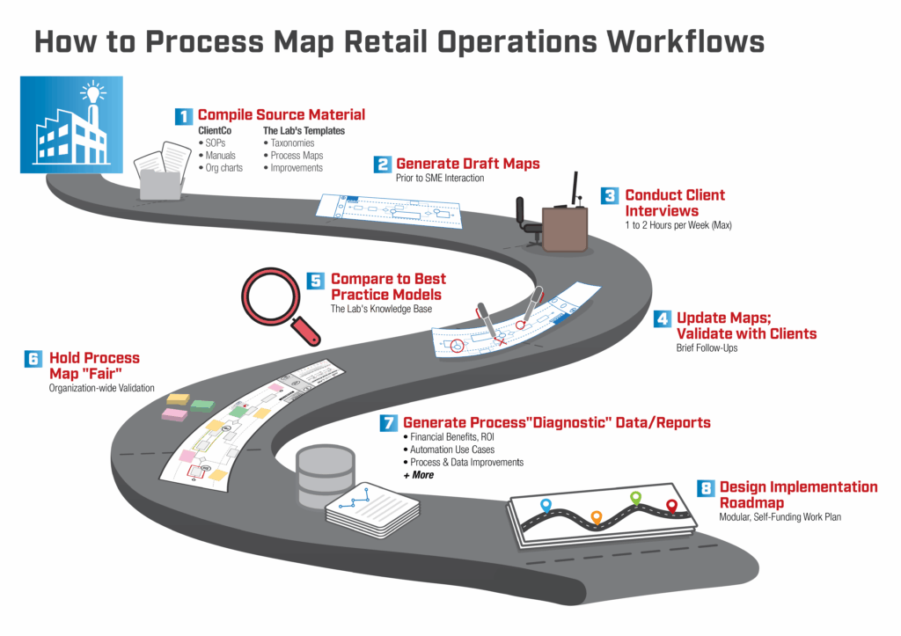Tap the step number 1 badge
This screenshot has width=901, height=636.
pos(184,116)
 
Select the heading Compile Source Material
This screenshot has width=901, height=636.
pos(281,115)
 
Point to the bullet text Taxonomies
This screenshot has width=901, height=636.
pos(296,143)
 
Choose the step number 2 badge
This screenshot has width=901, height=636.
pos(383,164)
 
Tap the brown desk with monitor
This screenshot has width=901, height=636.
pos(565,224)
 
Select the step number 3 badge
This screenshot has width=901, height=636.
pos(610,196)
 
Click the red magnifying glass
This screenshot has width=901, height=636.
pos(280,303)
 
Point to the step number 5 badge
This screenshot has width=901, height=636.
pos(316,281)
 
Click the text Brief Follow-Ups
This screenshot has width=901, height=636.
pos(707,348)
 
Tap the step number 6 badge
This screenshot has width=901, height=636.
pos(33,359)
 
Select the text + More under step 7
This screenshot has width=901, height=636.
pos(418,475)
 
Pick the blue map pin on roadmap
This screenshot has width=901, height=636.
pos(546,506)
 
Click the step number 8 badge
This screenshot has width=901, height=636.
pos(705,488)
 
